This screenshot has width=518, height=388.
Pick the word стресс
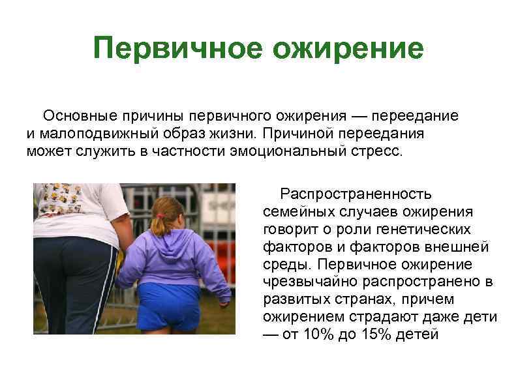point(377,151)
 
